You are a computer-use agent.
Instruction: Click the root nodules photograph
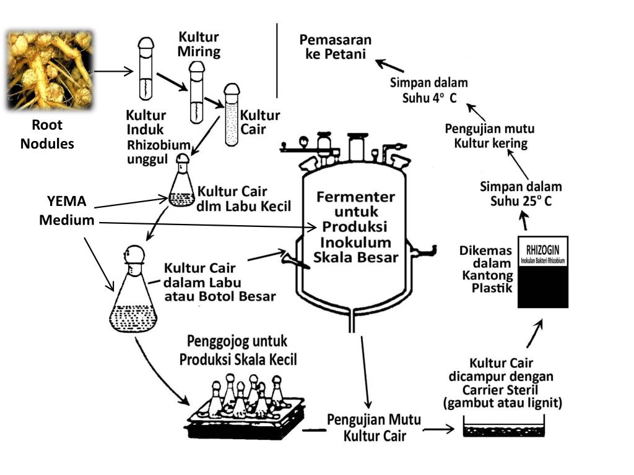pos(50,69)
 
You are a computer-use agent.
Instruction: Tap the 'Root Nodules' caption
pos(47,134)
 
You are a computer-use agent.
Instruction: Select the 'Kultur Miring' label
pos(199,44)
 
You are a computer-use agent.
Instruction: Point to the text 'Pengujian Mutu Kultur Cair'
pos(375,427)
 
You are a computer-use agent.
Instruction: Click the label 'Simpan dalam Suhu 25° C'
pos(521,193)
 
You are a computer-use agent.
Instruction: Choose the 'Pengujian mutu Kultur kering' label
pos(490,136)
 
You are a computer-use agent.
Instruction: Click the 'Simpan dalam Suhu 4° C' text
pos(428,90)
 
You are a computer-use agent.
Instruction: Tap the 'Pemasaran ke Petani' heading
pos(332,47)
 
